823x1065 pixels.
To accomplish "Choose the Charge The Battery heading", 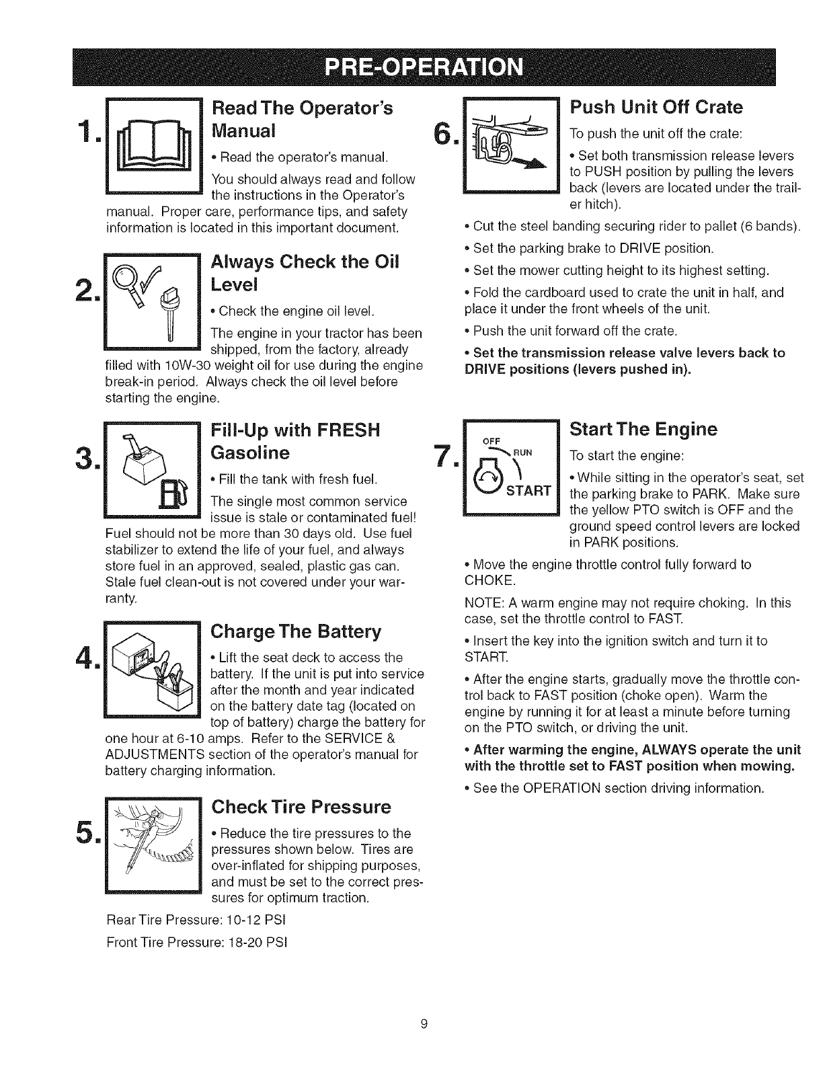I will click(x=296, y=631).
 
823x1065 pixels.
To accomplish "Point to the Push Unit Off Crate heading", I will click(x=656, y=107).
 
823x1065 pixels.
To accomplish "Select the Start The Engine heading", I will click(x=643, y=428).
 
